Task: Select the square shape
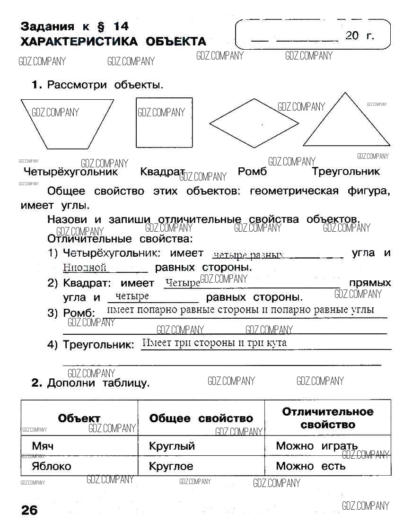point(164,123)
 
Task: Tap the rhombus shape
point(254,124)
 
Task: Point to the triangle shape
point(346,125)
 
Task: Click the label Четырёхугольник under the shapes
point(70,172)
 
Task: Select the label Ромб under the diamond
point(252,172)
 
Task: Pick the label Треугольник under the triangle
point(346,172)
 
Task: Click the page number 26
point(29,511)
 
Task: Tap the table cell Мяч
point(43,446)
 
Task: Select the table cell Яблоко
point(51,466)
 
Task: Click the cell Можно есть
point(310,466)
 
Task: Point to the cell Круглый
point(172,446)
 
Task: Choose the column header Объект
point(79,418)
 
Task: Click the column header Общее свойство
point(201,418)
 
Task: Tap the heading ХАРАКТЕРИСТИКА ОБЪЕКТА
point(113,42)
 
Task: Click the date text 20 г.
point(359,35)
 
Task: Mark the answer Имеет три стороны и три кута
point(214,343)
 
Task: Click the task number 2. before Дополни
point(37,383)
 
